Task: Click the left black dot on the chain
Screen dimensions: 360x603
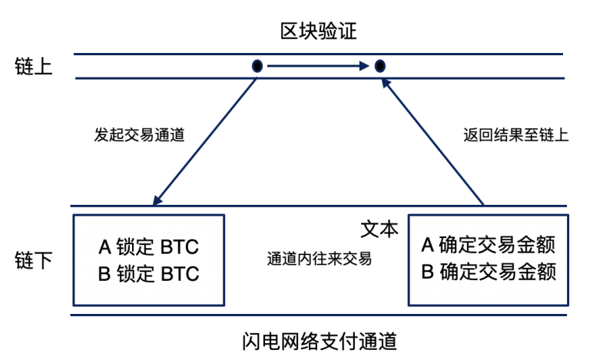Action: pos(257,66)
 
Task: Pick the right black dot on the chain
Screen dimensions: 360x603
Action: pos(379,66)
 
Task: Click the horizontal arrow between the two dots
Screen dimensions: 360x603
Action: pos(318,66)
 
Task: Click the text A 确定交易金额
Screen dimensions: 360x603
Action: pos(489,246)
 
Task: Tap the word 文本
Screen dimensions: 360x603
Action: pos(379,229)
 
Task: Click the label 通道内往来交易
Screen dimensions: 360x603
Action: pos(319,259)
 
